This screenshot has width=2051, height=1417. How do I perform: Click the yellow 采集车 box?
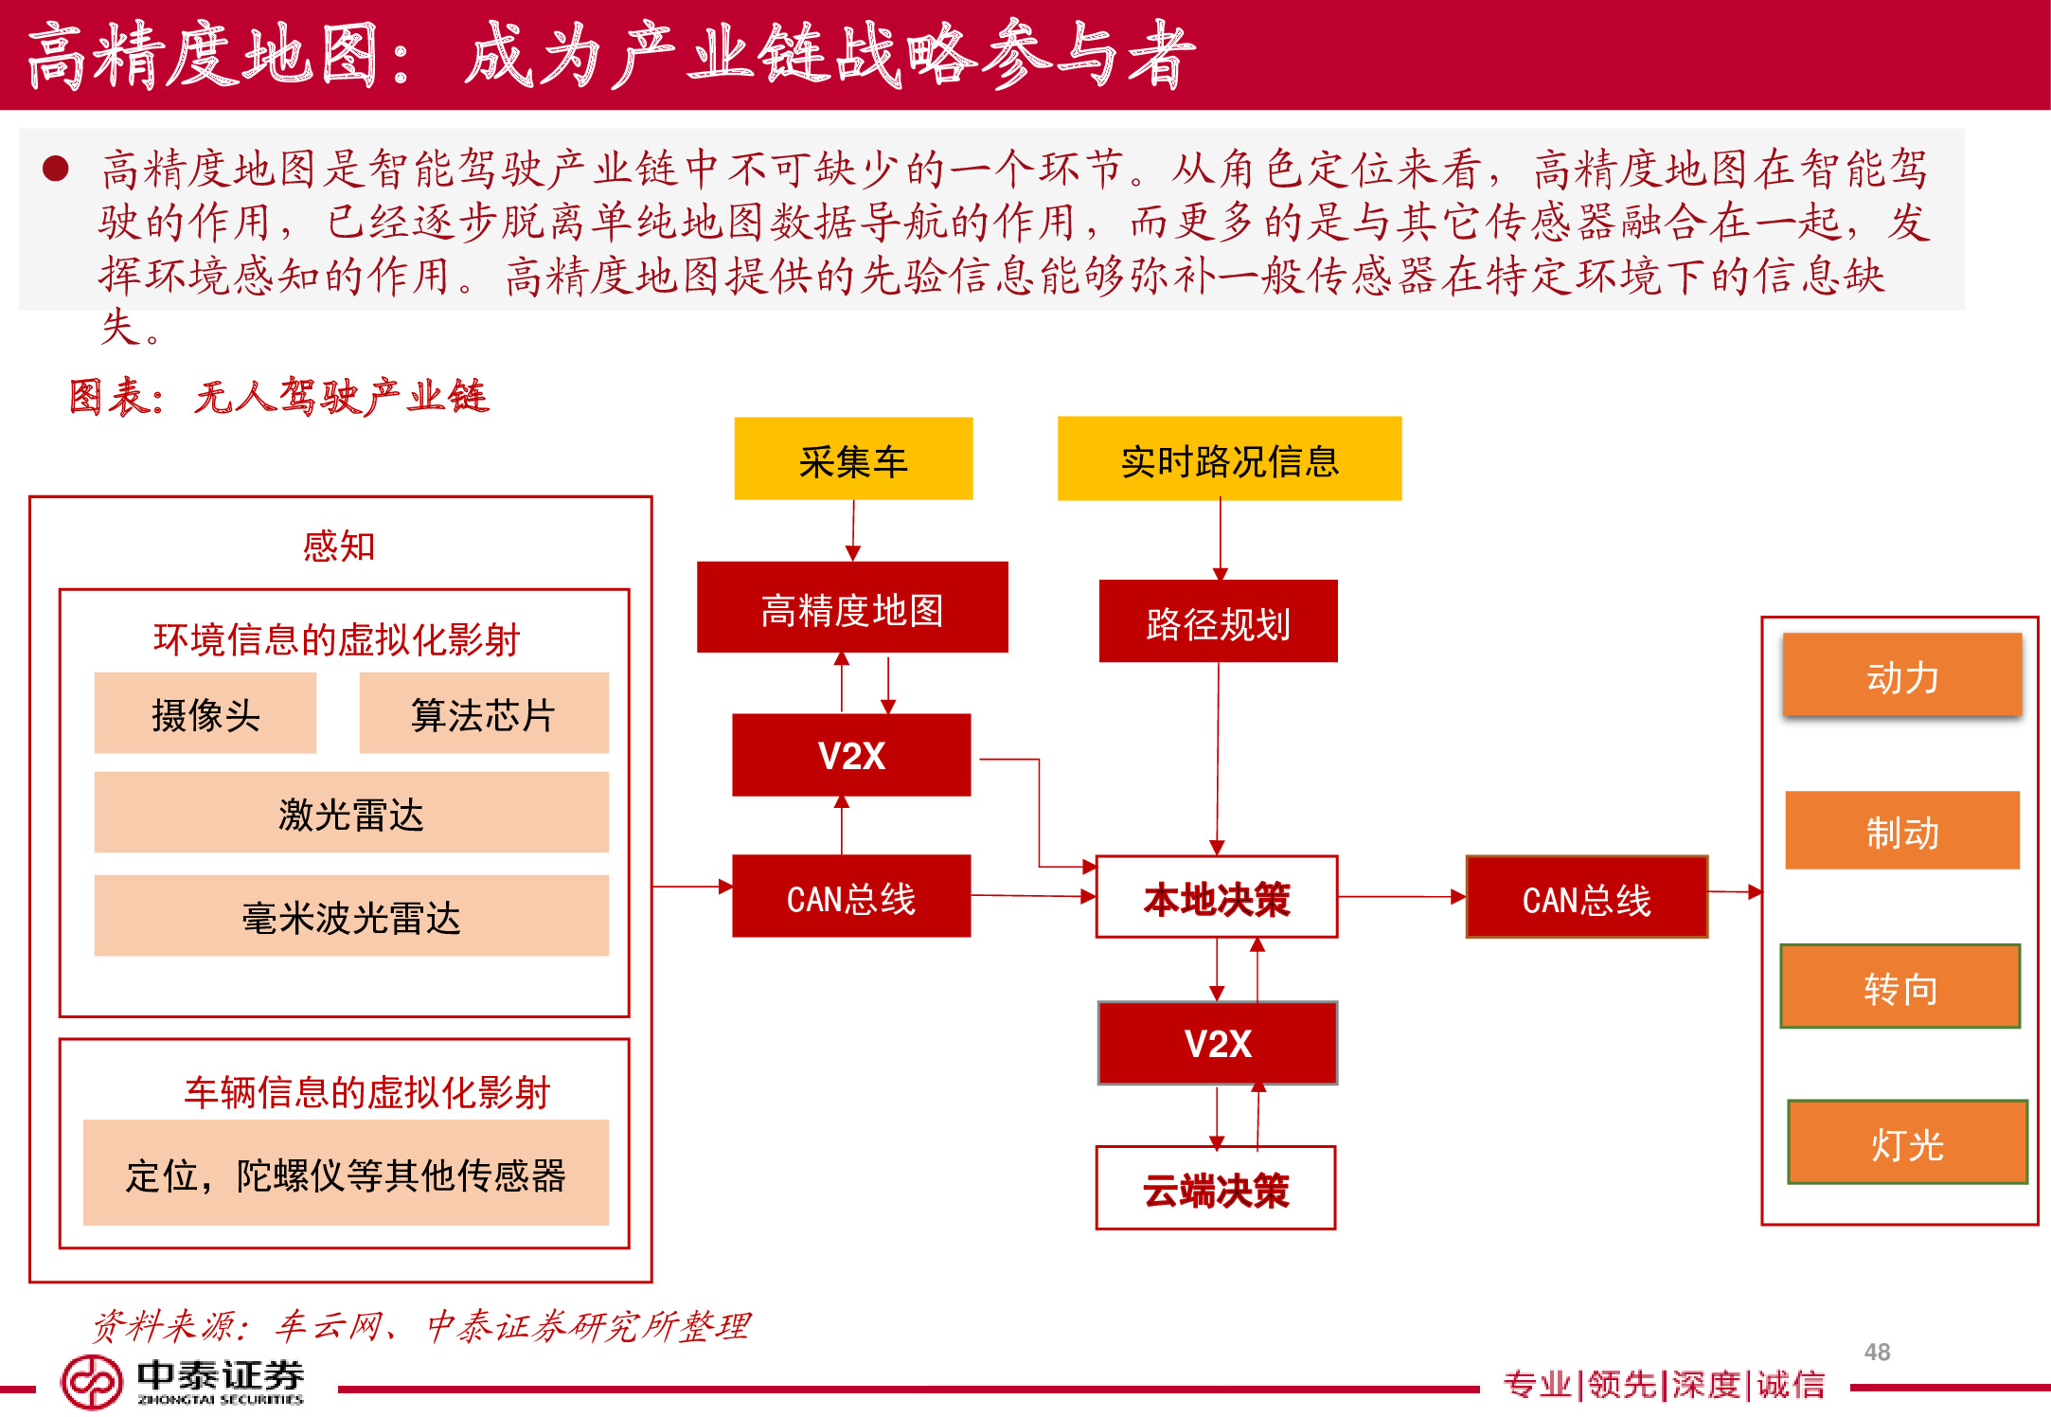pyautogui.click(x=853, y=459)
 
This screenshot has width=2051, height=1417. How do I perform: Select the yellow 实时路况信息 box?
pyautogui.click(x=1229, y=459)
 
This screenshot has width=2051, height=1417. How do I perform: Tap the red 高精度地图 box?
pyautogui.click(x=852, y=608)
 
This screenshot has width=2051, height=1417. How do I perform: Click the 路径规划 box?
pyautogui.click(x=1218, y=621)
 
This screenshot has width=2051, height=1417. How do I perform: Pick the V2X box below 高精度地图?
pyautogui.click(x=851, y=755)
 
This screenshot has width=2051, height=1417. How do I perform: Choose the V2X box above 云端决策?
pyautogui.click(x=1218, y=1043)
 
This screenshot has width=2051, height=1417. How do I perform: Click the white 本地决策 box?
pyautogui.click(x=1217, y=897)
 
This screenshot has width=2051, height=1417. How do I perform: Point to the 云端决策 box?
pyautogui.click(x=1216, y=1189)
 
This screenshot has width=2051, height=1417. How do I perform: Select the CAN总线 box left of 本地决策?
pyautogui.click(x=851, y=897)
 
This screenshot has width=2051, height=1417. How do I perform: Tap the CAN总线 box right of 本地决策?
pyautogui.click(x=1586, y=898)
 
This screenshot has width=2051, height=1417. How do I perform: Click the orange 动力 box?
pyautogui.click(x=1901, y=675)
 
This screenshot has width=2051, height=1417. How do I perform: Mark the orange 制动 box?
pyautogui.click(x=1901, y=831)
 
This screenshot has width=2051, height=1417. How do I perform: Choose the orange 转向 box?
pyautogui.click(x=1899, y=987)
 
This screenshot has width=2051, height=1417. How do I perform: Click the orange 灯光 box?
pyautogui.click(x=1906, y=1143)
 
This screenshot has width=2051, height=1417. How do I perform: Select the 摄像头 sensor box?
pyautogui.click(x=205, y=713)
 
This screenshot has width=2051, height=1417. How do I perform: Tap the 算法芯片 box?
pyautogui.click(x=483, y=713)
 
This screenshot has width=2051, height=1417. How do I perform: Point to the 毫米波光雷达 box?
pyautogui.click(x=351, y=916)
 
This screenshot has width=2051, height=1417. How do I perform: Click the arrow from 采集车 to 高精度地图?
pyautogui.click(x=853, y=530)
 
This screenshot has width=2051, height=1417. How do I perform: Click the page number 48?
pyautogui.click(x=1877, y=1352)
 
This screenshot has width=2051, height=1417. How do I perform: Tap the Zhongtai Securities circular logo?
pyautogui.click(x=91, y=1382)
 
